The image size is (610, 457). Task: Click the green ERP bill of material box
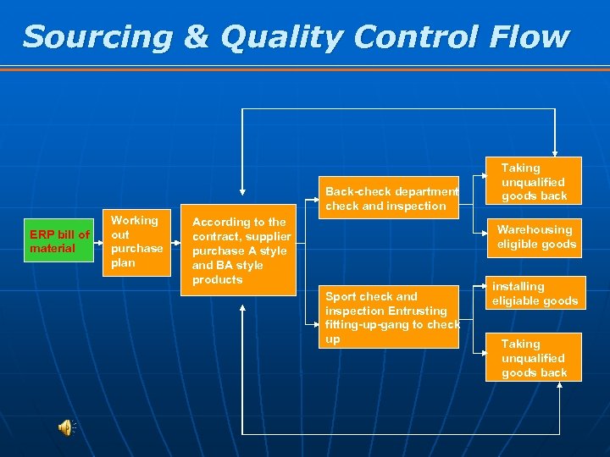pos(58,241)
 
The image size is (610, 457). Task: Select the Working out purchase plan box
pos(136,241)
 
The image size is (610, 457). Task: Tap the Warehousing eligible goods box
pos(535,237)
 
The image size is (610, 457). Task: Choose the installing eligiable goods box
pos(535,294)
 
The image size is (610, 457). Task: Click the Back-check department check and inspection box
pos(391,198)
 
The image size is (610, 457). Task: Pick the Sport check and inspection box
pos(391,317)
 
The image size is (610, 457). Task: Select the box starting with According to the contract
pos(241,251)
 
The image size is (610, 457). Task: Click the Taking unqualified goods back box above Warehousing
pos(533,181)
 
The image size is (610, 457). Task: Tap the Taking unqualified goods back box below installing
pos(533,357)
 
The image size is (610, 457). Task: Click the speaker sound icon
pos(66,427)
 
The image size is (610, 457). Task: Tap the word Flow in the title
pos(530,37)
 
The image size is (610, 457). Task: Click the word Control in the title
pos(413,37)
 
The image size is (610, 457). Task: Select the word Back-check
pos(356,191)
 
